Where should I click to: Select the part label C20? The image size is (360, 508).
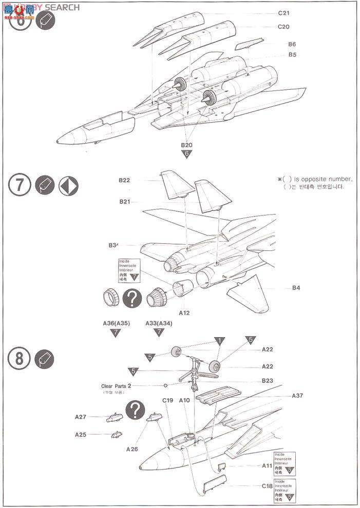(284, 27)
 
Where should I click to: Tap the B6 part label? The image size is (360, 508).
(292, 45)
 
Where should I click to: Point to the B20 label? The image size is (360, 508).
(186, 145)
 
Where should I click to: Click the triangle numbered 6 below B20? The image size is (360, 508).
(186, 153)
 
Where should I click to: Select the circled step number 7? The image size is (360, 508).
(20, 185)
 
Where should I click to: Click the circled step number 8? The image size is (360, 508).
(20, 359)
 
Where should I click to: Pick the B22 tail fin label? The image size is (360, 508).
(124, 180)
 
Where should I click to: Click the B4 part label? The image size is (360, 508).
(296, 288)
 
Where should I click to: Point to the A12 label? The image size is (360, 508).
(184, 312)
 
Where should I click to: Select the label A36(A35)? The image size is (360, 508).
(115, 323)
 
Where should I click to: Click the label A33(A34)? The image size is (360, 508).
(159, 323)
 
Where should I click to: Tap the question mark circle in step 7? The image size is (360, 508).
(133, 298)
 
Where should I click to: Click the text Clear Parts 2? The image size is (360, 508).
(117, 385)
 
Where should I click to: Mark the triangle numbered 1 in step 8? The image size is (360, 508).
(219, 341)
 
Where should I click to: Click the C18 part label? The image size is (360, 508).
(267, 486)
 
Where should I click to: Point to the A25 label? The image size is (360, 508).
(80, 434)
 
